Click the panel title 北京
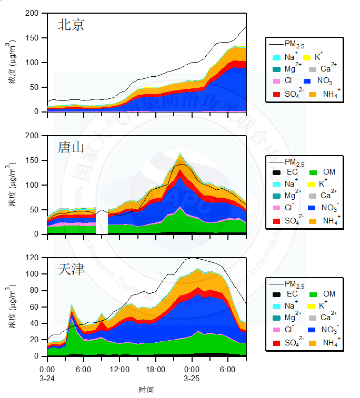[71, 25]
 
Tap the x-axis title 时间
[146, 390]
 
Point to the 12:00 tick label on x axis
[119, 369]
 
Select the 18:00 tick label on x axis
[156, 369]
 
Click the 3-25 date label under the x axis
[192, 378]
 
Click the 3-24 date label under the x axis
[47, 378]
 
